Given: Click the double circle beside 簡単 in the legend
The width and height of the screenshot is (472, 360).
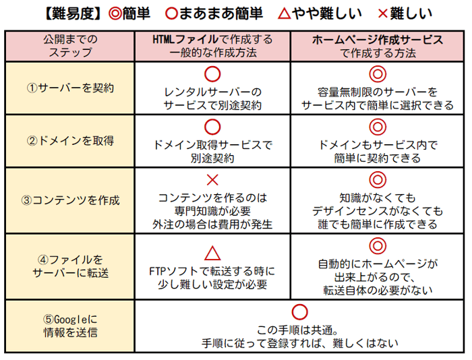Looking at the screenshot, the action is (115, 14).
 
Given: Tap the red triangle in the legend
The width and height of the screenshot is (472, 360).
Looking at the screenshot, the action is (284, 14).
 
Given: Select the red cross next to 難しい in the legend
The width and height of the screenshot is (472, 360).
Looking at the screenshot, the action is (382, 14).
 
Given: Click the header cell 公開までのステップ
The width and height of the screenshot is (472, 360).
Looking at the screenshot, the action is (70, 46).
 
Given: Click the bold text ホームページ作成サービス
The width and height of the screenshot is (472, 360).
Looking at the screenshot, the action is (378, 40).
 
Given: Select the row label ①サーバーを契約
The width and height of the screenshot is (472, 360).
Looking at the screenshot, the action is (70, 88).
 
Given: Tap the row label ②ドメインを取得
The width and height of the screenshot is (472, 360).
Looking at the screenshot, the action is (70, 141).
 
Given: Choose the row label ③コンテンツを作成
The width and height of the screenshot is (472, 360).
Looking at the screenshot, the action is (70, 200).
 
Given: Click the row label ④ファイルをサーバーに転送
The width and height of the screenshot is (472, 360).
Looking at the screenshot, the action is (70, 266).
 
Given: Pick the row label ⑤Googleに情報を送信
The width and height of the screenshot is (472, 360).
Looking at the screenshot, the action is (70, 326).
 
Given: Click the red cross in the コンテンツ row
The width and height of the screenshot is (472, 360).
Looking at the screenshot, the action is (212, 180).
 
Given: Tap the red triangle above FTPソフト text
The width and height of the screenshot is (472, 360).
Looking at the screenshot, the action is (212, 253).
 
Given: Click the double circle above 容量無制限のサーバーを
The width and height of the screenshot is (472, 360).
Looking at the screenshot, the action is (378, 74).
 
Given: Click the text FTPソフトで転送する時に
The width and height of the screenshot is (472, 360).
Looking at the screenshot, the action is (212, 271).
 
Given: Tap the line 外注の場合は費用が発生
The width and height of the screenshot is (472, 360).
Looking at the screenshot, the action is (212, 224).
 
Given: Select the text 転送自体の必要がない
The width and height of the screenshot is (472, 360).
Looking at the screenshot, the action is (378, 290).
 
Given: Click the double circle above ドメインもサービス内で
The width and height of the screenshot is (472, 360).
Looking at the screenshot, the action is (378, 127).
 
